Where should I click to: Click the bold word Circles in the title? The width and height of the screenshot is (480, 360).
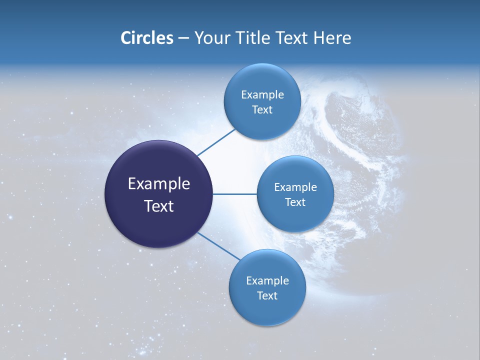pyautogui.click(x=146, y=38)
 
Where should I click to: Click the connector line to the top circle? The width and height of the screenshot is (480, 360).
pyautogui.click(x=216, y=142)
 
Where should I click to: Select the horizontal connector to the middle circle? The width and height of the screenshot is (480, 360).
pyautogui.click(x=234, y=194)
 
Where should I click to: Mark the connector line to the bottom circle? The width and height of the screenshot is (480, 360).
pyautogui.click(x=218, y=245)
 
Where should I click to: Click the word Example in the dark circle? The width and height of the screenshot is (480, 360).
pyautogui.click(x=159, y=184)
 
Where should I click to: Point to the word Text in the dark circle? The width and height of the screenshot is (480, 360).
pyautogui.click(x=159, y=205)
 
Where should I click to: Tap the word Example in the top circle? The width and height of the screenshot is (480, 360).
pyautogui.click(x=262, y=95)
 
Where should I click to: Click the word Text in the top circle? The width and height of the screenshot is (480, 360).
pyautogui.click(x=262, y=110)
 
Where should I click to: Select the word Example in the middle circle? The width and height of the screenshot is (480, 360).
pyautogui.click(x=295, y=187)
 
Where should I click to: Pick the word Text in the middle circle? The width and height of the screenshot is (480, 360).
pyautogui.click(x=295, y=202)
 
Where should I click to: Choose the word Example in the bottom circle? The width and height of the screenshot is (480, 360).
pyautogui.click(x=267, y=281)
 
